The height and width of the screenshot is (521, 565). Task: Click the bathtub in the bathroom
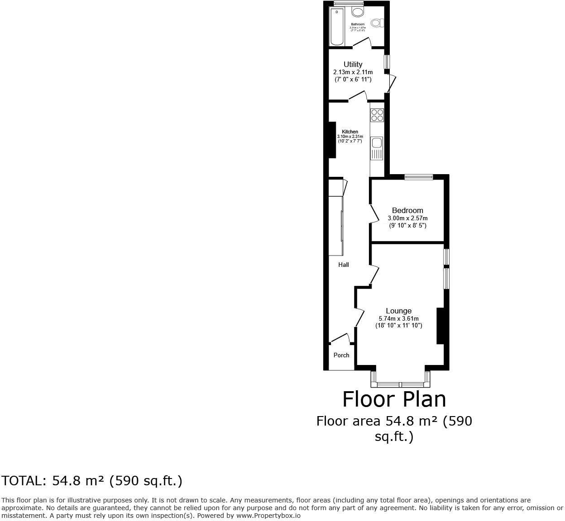tap(337, 26)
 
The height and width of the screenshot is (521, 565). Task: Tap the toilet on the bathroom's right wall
tap(377, 23)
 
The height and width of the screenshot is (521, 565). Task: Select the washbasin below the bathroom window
tap(358, 11)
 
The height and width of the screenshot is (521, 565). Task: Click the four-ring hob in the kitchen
tap(377, 115)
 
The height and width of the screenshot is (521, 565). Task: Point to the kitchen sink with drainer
tap(377, 148)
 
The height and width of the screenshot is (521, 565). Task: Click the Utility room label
tap(353, 64)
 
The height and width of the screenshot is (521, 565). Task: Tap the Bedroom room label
tap(407, 210)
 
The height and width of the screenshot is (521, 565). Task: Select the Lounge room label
tap(398, 311)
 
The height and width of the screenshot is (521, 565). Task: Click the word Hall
tap(344, 265)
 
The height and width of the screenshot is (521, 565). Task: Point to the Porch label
tap(341, 355)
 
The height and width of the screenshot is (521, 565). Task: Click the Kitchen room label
tap(350, 132)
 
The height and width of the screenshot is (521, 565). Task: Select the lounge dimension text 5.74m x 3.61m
tap(398, 318)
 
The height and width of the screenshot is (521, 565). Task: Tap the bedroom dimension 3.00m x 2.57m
tap(407, 218)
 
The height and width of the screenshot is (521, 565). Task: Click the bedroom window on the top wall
tap(419, 177)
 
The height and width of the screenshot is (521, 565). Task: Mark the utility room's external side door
tap(391, 83)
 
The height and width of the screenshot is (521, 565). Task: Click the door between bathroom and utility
tap(362, 43)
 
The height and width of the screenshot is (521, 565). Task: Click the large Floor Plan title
tap(394, 399)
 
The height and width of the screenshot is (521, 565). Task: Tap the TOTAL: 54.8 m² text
tap(92, 481)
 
